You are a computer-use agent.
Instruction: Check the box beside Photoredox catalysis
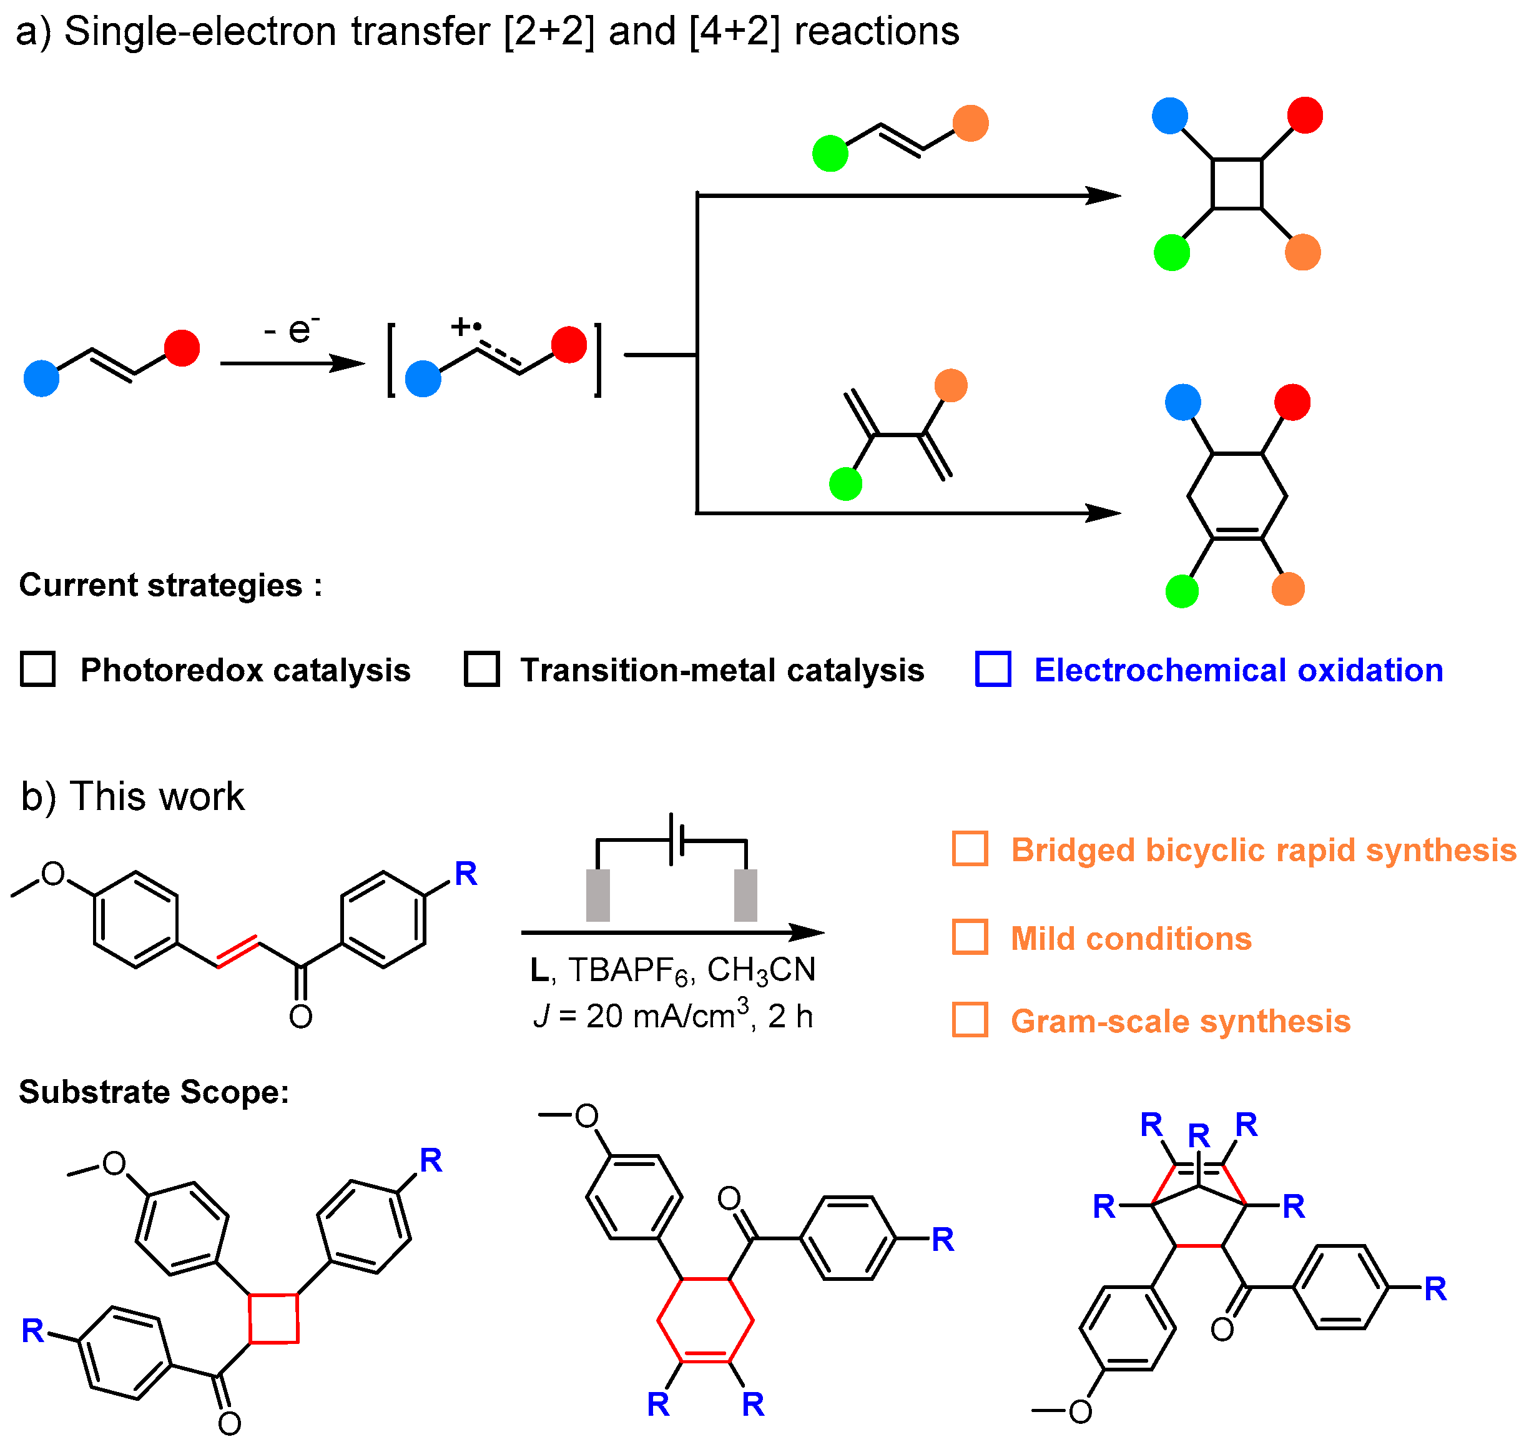coord(37,669)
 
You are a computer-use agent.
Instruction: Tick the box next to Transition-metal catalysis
coord(481,669)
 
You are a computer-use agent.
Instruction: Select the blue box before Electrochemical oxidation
coord(993,669)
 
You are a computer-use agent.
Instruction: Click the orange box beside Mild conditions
coord(970,937)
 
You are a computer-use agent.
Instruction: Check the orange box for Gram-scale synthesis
coord(970,1020)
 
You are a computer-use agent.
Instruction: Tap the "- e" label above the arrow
coord(291,330)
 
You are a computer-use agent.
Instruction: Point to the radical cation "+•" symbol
coord(466,327)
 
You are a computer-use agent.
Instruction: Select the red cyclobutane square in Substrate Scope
coord(274,1318)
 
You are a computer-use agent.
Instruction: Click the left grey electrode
coord(598,895)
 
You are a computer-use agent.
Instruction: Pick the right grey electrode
coord(745,895)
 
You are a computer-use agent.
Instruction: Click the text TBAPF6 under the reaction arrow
coord(627,970)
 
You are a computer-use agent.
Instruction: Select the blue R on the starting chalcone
coord(465,874)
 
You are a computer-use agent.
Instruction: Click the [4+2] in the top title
coord(734,32)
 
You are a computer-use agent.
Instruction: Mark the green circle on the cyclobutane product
coord(1171,253)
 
